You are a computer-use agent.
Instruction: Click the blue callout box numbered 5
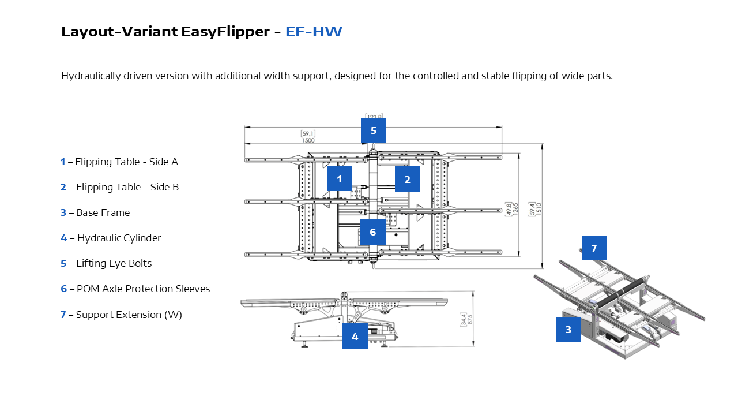pyautogui.click(x=374, y=130)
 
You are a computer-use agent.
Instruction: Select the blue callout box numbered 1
pyautogui.click(x=339, y=179)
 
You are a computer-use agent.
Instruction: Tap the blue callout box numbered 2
pyautogui.click(x=407, y=179)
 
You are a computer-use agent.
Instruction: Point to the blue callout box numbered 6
pyautogui.click(x=373, y=232)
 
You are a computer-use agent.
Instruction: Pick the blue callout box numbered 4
pyautogui.click(x=355, y=336)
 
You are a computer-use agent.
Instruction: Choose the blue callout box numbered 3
pyautogui.click(x=568, y=329)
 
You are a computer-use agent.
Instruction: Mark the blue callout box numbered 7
pyautogui.click(x=594, y=248)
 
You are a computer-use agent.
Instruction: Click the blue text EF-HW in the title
pyautogui.click(x=314, y=31)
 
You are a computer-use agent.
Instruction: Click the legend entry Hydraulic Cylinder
pyautogui.click(x=119, y=238)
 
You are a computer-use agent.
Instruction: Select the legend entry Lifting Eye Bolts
pyautogui.click(x=114, y=263)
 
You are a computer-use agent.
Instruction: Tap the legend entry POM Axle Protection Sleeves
pyautogui.click(x=143, y=289)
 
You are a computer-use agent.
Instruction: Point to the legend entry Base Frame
pyautogui.click(x=103, y=212)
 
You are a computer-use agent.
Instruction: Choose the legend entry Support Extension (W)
pyautogui.click(x=129, y=315)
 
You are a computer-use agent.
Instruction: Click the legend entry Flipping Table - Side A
pyautogui.click(x=126, y=162)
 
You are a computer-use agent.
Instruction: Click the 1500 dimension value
pyautogui.click(x=308, y=140)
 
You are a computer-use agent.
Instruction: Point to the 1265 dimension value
pyautogui.click(x=516, y=208)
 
